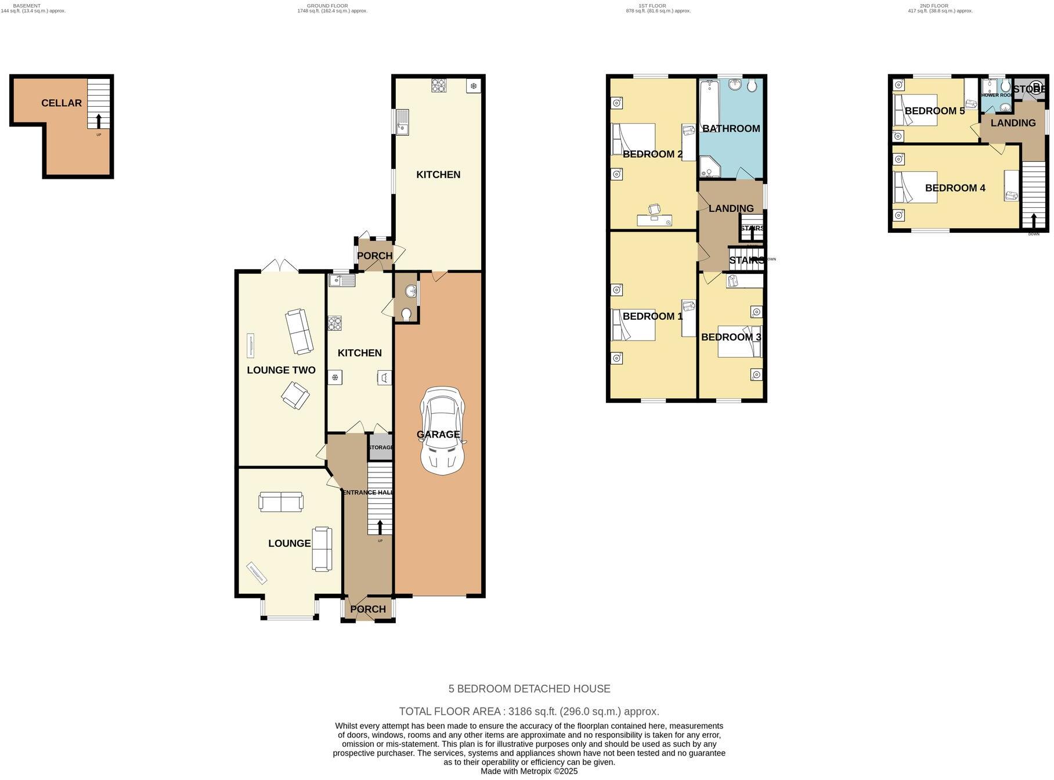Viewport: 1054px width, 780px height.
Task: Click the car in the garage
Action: pos(443,431)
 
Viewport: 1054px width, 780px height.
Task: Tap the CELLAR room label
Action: pos(62,103)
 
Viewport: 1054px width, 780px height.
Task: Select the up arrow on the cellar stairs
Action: pos(98,121)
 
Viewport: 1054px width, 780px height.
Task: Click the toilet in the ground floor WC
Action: pos(406,315)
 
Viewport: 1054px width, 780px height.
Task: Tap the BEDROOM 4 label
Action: pos(955,188)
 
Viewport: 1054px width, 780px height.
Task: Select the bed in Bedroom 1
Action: pos(633,324)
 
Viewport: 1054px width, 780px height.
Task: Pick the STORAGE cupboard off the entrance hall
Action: pos(381,447)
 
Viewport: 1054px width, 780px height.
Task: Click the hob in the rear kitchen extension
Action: pos(438,86)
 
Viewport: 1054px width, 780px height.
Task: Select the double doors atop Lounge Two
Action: pos(280,266)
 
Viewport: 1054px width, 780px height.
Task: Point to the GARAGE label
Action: pos(438,434)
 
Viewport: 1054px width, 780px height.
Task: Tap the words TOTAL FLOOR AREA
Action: pos(450,712)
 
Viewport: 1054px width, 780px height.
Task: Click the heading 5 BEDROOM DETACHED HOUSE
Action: pos(529,689)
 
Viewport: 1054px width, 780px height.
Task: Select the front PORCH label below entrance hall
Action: pos(368,609)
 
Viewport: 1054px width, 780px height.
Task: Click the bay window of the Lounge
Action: pos(290,616)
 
